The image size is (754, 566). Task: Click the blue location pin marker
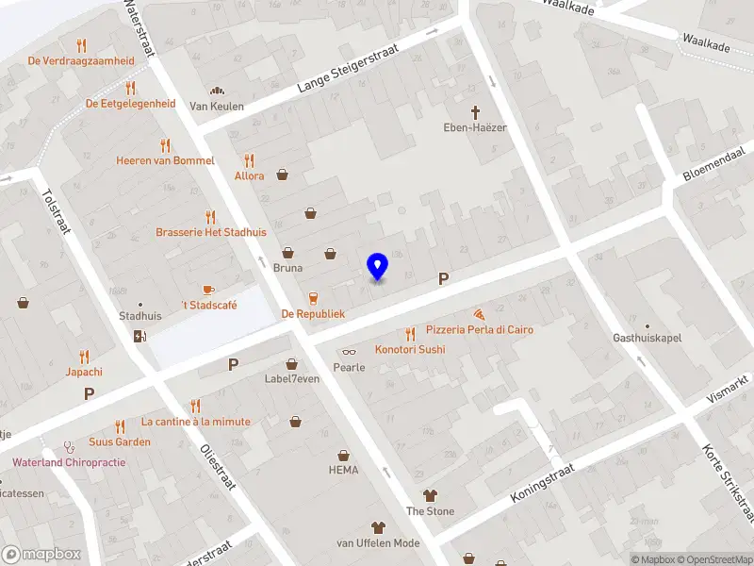(378, 266)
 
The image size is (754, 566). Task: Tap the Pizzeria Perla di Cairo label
(479, 330)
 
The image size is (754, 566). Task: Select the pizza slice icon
(480, 313)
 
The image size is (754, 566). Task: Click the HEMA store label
(343, 470)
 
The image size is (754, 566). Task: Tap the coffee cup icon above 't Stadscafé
(208, 289)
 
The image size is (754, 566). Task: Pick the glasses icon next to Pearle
(349, 352)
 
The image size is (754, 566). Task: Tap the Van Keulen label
(216, 106)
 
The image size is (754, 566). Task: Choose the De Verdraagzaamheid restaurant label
(81, 60)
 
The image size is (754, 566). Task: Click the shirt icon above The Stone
(430, 495)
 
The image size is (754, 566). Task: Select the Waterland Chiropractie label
(69, 462)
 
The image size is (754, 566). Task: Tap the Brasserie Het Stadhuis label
(211, 231)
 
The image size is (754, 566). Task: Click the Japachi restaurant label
(84, 372)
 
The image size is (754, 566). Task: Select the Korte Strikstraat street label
(729, 481)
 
